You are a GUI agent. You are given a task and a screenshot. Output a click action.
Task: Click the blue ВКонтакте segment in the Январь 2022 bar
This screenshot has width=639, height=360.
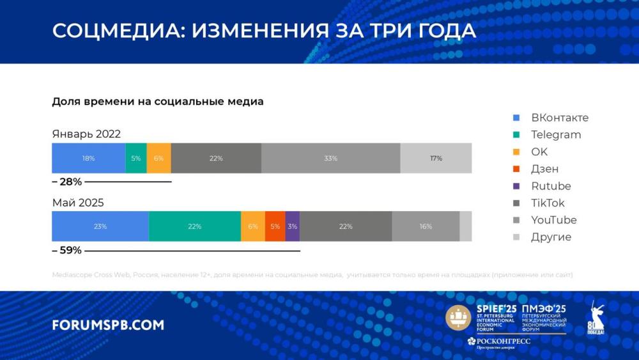pyautogui.click(x=88, y=158)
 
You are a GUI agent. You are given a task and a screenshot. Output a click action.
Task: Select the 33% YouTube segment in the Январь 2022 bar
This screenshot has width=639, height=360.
pyautogui.click(x=330, y=158)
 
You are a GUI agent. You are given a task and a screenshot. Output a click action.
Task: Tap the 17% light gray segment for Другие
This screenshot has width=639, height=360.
pyautogui.click(x=436, y=158)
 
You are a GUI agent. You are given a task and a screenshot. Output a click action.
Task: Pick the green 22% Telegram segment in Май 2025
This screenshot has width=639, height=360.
pyautogui.click(x=195, y=226)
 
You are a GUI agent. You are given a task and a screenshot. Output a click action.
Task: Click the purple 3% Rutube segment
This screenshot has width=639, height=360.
pyautogui.click(x=292, y=226)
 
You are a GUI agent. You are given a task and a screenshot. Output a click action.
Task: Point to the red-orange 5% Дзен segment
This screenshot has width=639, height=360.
pyautogui.click(x=275, y=226)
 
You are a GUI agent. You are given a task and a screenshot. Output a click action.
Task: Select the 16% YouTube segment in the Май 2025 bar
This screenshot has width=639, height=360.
pyautogui.click(x=426, y=226)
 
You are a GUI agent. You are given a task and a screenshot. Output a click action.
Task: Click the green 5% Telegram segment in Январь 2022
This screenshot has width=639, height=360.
pyautogui.click(x=136, y=158)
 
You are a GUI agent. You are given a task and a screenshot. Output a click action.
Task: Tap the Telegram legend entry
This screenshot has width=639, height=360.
pyautogui.click(x=555, y=135)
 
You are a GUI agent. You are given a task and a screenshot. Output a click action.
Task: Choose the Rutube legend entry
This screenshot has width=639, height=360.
pyautogui.click(x=550, y=186)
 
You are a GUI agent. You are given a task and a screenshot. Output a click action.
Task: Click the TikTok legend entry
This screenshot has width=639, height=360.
pyautogui.click(x=548, y=203)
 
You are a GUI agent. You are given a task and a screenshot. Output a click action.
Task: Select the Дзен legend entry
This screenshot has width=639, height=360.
pyautogui.click(x=544, y=169)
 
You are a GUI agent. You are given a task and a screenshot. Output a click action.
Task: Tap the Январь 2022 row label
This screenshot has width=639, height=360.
pyautogui.click(x=86, y=134)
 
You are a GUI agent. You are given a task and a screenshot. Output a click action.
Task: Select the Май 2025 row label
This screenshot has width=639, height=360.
pyautogui.click(x=78, y=203)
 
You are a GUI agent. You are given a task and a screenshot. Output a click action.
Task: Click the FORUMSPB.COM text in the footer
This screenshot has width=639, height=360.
pyautogui.click(x=107, y=325)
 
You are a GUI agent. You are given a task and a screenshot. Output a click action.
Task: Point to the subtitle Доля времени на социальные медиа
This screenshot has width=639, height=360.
pyautogui.click(x=157, y=102)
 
